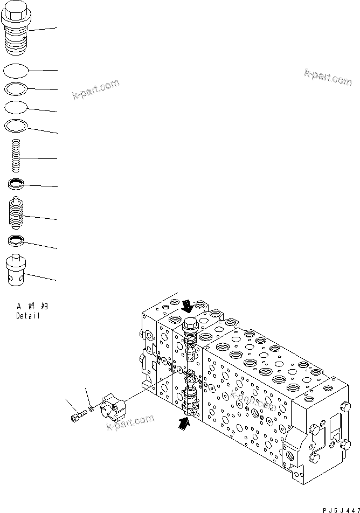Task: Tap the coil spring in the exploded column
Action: [x=17, y=154]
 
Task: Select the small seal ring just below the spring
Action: [x=16, y=185]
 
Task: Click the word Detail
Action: [x=27, y=316]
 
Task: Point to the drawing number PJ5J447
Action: [x=341, y=509]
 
